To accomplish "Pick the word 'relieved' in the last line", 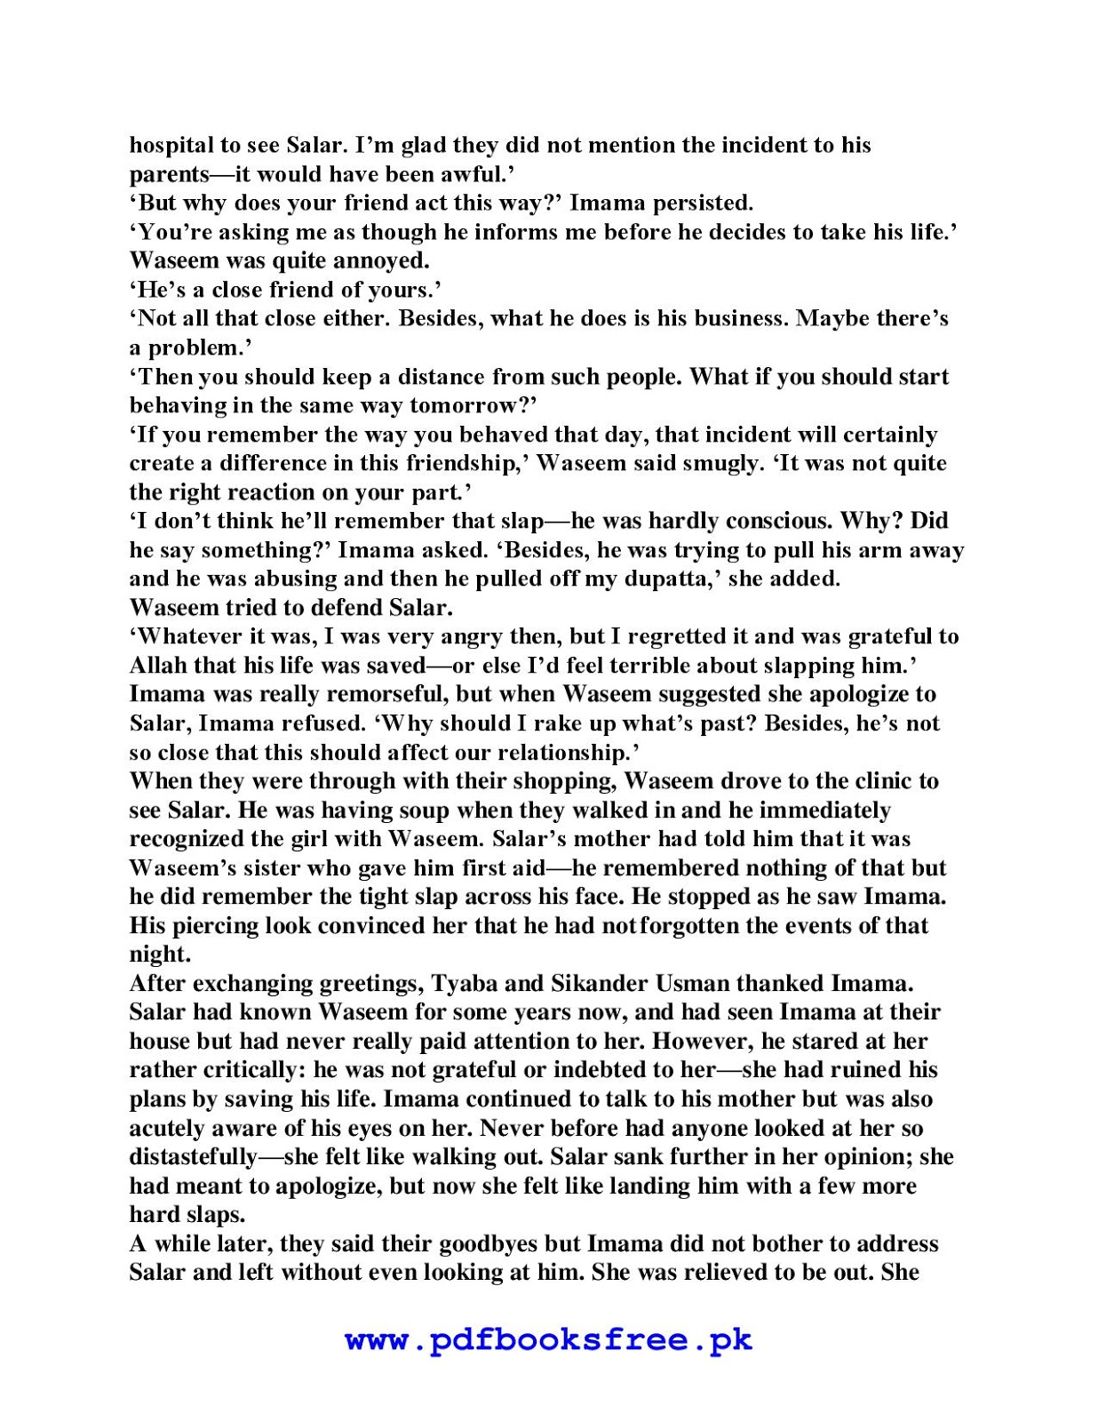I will point(712,1274).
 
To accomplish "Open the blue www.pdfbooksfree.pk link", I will point(548,1340).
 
